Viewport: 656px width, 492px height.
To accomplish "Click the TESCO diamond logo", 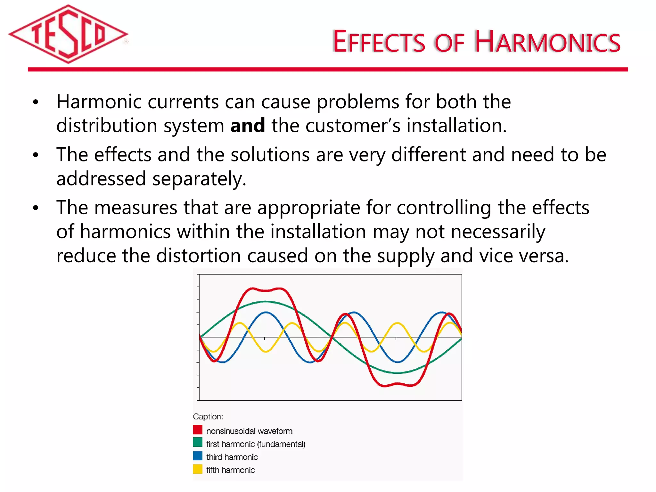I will point(68,34).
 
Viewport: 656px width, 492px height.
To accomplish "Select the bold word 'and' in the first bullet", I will point(248,125).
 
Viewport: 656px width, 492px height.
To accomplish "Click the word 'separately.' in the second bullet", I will point(199,179).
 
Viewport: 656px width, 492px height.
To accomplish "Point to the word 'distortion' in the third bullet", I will point(198,256).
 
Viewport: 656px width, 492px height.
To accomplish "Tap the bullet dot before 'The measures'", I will point(36,208).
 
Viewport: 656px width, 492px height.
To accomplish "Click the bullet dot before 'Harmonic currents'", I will point(36,102).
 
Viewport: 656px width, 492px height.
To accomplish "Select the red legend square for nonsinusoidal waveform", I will point(198,430).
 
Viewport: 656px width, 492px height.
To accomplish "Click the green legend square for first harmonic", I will point(198,442).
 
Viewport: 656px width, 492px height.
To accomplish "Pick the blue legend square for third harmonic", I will point(198,455).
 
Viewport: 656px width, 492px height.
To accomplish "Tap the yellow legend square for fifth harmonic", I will point(198,469).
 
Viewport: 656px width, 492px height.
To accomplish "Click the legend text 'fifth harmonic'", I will point(230,470).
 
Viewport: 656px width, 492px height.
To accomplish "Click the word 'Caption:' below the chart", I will point(208,417).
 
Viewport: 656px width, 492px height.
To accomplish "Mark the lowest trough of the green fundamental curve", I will point(397,373).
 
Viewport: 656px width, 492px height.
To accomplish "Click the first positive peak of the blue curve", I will point(266,312).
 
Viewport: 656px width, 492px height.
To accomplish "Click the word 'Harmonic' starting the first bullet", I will point(99,102).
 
